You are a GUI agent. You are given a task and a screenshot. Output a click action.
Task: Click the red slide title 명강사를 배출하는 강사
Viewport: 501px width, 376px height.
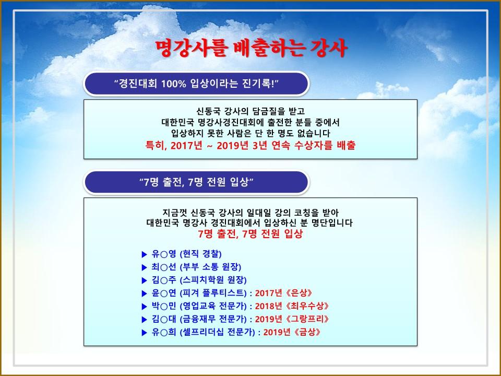[x=251, y=49]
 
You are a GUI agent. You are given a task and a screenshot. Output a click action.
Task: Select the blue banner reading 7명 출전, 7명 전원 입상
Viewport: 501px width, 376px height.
[x=196, y=182]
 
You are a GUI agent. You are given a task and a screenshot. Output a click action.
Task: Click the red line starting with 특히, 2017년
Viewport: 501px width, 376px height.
[x=250, y=146]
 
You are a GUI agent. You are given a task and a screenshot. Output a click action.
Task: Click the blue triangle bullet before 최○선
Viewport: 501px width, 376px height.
[x=144, y=267]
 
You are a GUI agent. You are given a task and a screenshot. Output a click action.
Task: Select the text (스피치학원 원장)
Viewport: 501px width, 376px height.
[x=213, y=280]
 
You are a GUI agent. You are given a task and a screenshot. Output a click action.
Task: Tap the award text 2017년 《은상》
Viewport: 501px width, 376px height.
[x=283, y=293]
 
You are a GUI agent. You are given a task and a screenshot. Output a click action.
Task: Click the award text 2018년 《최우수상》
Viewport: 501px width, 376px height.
[x=292, y=306]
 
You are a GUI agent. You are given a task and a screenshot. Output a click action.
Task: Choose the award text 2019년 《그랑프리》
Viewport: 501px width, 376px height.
[x=292, y=319]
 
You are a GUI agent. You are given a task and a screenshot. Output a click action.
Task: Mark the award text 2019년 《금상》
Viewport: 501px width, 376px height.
[x=292, y=332]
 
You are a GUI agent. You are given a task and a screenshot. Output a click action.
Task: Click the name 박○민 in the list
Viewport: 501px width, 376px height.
[x=163, y=306]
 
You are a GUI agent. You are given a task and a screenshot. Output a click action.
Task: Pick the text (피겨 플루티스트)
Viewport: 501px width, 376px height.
[x=213, y=293]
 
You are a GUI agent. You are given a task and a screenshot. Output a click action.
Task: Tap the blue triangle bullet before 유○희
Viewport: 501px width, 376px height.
[x=144, y=333]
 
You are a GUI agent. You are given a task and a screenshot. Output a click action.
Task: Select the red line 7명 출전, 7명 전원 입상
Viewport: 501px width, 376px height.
[x=250, y=234]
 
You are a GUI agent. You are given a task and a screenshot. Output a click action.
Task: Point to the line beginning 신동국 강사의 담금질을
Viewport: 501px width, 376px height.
[x=250, y=111]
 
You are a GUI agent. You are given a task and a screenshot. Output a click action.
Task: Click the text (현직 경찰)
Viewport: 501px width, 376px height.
[x=200, y=254]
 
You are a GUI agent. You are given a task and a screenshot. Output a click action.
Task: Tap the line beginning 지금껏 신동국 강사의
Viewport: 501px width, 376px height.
[x=250, y=213]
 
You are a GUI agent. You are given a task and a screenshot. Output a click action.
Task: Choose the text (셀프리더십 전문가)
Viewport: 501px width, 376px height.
[x=217, y=332]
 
